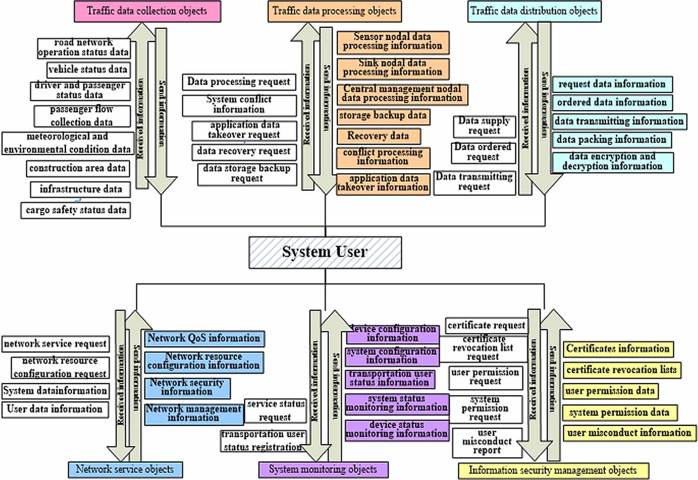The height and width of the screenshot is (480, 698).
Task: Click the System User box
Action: click(325, 252)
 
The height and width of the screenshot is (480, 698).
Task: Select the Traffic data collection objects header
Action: click(147, 11)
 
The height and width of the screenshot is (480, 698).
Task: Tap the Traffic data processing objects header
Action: click(334, 11)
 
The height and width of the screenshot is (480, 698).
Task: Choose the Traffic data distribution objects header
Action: click(534, 11)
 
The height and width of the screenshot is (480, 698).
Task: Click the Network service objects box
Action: click(125, 469)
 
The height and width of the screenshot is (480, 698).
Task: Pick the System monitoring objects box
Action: click(323, 469)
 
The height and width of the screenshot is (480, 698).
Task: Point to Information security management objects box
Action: click(553, 471)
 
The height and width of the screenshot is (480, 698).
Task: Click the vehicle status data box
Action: click(88, 70)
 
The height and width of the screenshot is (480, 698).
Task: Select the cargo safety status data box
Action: click(76, 210)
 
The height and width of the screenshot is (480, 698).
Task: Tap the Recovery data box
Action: click(378, 136)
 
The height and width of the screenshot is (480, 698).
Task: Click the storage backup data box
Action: click(383, 116)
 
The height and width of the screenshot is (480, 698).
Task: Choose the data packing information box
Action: click(611, 140)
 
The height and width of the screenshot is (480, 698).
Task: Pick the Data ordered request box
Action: click(483, 152)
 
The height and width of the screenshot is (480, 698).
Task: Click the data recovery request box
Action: click(244, 151)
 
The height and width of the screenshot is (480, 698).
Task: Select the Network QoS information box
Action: click(204, 338)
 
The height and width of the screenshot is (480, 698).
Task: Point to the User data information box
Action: click(55, 409)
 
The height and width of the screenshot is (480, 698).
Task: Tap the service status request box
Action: click(275, 410)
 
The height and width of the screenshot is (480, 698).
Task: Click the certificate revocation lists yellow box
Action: click(621, 370)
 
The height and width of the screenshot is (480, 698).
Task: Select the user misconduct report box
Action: click(487, 442)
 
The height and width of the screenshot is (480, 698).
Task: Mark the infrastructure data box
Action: click(80, 189)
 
